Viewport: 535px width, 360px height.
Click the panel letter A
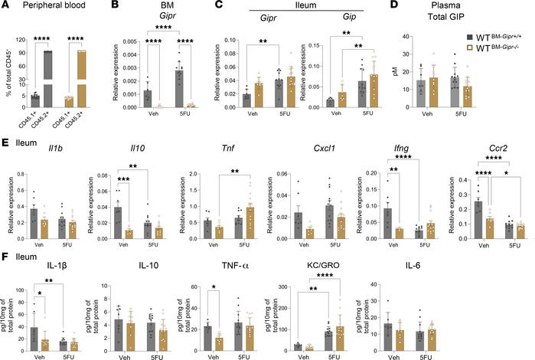pyautogui.click(x=5, y=7)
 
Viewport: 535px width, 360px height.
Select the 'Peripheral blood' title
pyautogui.click(x=54, y=8)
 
